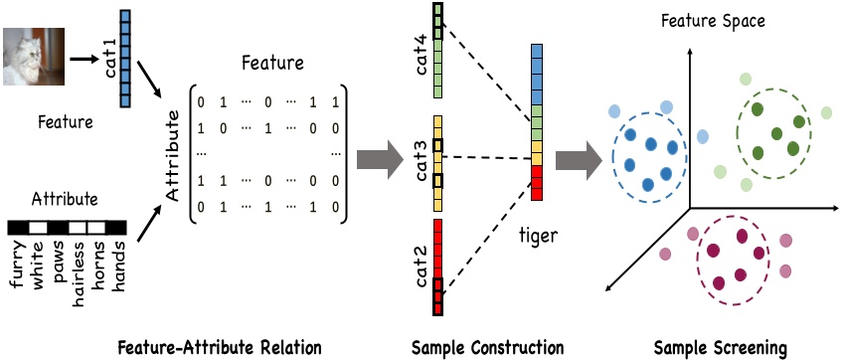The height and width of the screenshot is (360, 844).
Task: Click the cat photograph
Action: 34,57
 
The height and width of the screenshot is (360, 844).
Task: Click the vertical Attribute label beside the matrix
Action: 173,156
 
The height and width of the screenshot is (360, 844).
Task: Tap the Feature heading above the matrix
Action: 272,64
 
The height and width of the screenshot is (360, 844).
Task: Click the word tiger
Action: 538,237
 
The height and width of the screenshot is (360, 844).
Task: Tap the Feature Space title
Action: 713,22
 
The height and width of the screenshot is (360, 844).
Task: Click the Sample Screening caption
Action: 721,347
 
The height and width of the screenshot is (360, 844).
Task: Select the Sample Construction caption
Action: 487,347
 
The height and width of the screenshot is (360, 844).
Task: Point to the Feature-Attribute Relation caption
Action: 219,347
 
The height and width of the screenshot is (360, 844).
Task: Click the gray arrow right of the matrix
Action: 380,159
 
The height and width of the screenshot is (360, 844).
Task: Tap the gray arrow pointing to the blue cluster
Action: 579,160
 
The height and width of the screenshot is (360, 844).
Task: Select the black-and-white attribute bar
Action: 67,228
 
